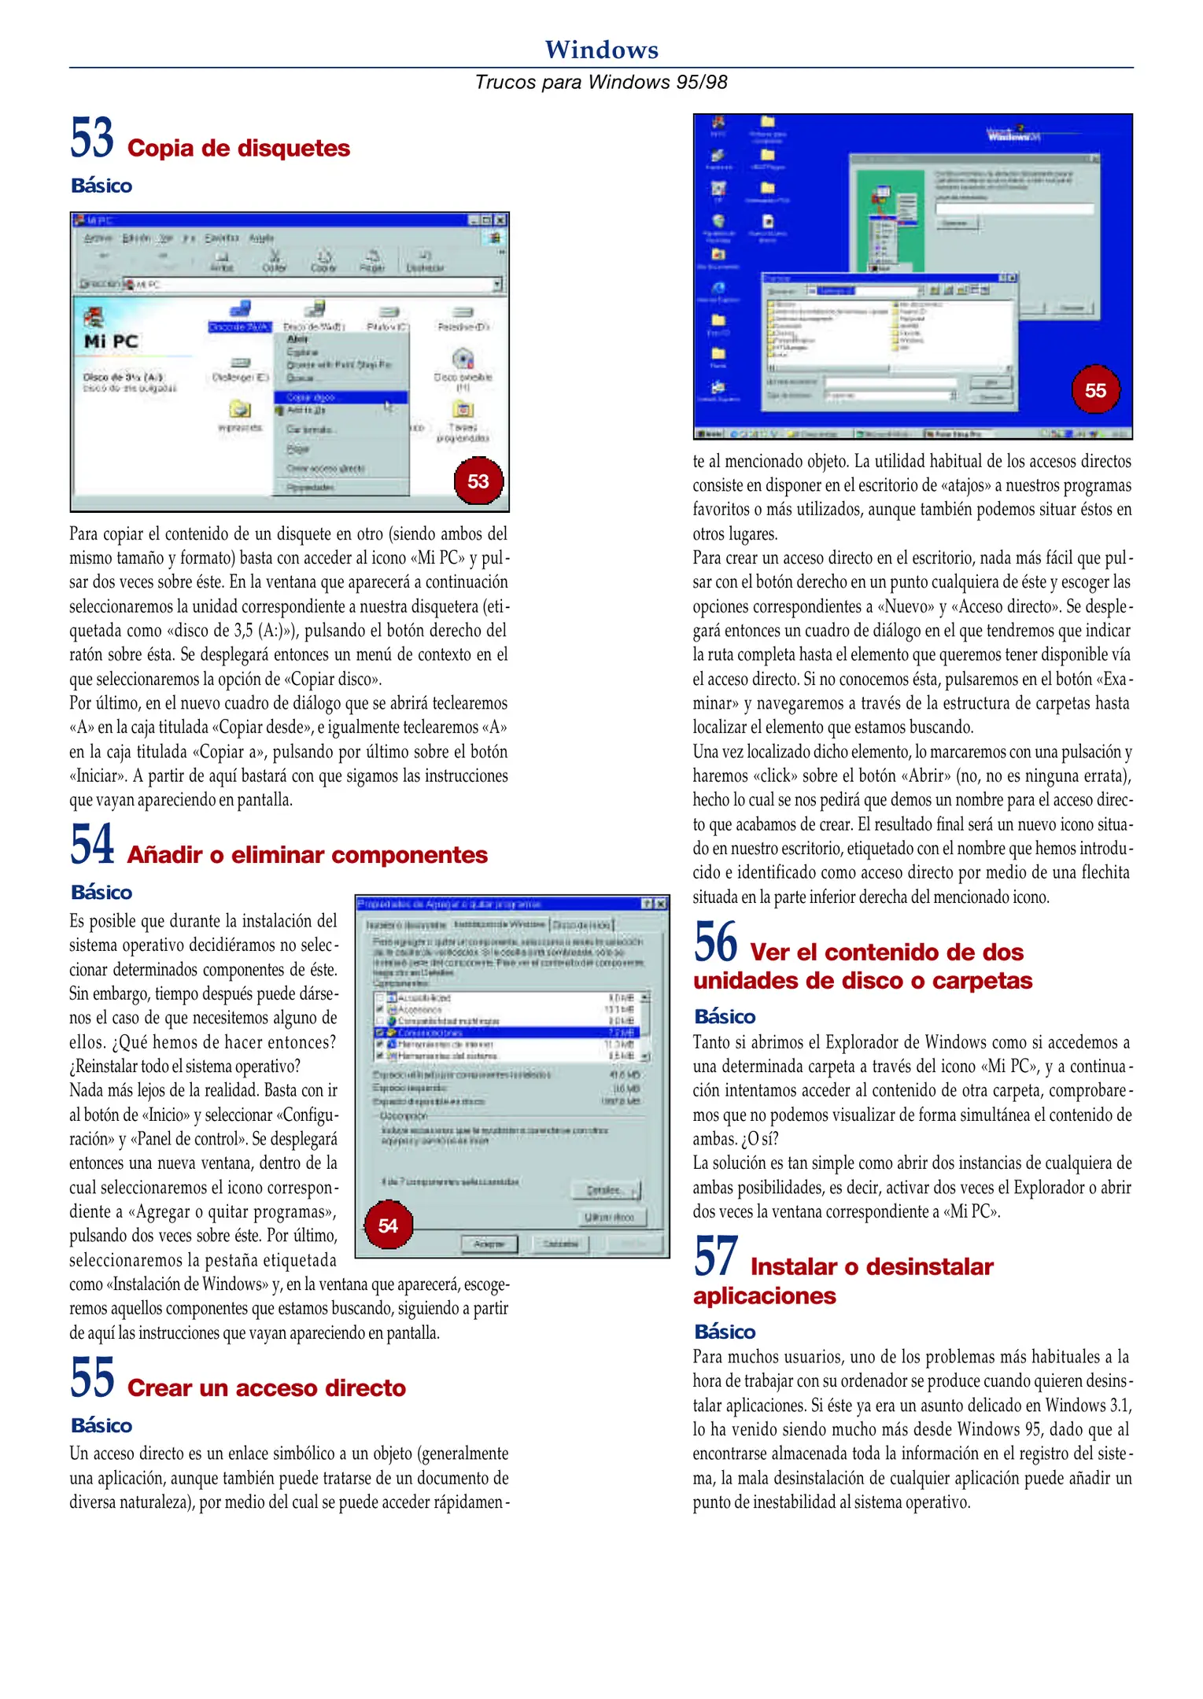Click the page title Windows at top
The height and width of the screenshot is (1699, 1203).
click(x=601, y=50)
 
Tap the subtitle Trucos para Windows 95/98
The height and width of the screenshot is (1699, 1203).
click(x=601, y=82)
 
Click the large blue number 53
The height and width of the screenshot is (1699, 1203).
click(x=92, y=138)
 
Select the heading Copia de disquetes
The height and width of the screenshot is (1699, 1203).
click(x=238, y=148)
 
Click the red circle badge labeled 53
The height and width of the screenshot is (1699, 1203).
click(x=478, y=481)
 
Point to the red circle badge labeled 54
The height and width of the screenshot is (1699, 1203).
click(x=388, y=1225)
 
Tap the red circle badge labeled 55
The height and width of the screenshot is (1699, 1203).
click(x=1095, y=390)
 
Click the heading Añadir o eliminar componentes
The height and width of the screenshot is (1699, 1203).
click(x=307, y=855)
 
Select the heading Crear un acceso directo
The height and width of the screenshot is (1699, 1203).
click(x=266, y=1388)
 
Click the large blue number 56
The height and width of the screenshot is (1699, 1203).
click(x=715, y=942)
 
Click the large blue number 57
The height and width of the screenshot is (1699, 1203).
click(x=715, y=1257)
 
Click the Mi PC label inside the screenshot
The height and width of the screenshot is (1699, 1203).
click(x=111, y=341)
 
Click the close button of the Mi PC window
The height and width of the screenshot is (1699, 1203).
click(x=500, y=220)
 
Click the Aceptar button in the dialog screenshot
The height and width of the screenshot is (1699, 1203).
click(x=489, y=1244)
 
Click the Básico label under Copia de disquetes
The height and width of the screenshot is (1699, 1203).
click(x=101, y=186)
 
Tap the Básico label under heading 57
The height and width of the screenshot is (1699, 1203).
click(x=725, y=1332)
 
